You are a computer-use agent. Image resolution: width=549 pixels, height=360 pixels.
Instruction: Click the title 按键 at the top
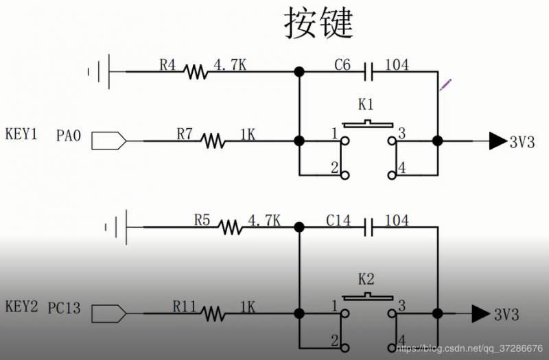point(318,25)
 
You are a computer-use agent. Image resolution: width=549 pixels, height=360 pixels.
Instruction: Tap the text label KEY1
point(21,133)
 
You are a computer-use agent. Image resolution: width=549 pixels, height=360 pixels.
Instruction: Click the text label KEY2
point(21,306)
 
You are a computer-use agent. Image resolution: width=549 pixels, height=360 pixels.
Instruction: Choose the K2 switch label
point(366,279)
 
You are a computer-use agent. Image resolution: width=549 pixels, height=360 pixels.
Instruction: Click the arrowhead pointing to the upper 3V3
point(497,141)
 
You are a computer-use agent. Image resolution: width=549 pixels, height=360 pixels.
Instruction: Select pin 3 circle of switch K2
point(392,313)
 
